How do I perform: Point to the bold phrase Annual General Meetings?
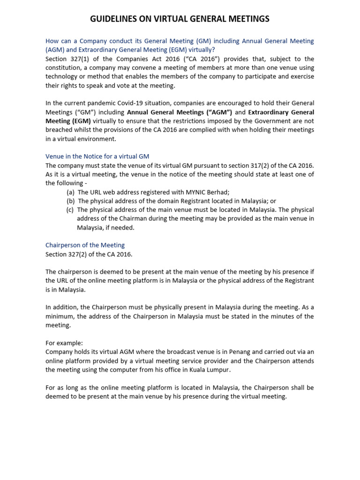pos(180,112)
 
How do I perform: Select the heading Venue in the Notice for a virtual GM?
pos(97,156)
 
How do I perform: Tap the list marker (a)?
pos(70,192)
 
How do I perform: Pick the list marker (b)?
pos(70,201)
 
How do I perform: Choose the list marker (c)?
pos(70,210)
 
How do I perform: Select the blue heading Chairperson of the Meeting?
pos(85,245)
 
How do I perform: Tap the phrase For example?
pos(64,343)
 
